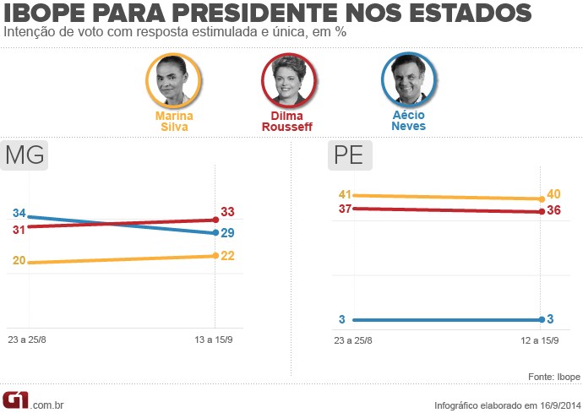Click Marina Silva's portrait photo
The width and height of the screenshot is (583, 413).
pyautogui.click(x=172, y=80)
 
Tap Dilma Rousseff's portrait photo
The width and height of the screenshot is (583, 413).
pyautogui.click(x=288, y=80)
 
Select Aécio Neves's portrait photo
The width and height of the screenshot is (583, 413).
pyautogui.click(x=408, y=80)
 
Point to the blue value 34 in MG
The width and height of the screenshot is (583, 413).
pyautogui.click(x=19, y=213)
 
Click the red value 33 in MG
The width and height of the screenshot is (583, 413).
pyautogui.click(x=227, y=212)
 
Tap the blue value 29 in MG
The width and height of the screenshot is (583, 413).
pyautogui.click(x=227, y=232)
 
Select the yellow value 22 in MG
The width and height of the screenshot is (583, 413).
pyautogui.click(x=227, y=255)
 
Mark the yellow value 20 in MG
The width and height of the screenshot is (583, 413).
pyautogui.click(x=19, y=261)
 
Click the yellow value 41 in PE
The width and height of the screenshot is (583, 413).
pyautogui.click(x=345, y=194)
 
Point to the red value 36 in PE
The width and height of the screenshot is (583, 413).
pyautogui.click(x=554, y=210)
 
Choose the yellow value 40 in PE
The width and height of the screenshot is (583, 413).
pyautogui.click(x=554, y=194)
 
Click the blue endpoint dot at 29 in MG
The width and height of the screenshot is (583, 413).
pyautogui.click(x=215, y=233)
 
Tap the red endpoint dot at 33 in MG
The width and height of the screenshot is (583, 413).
pyautogui.click(x=215, y=220)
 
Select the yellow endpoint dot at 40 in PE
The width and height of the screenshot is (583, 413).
pyautogui.click(x=542, y=199)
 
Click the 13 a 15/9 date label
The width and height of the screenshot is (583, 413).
pyautogui.click(x=215, y=340)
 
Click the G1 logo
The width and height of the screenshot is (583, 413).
pyautogui.click(x=16, y=399)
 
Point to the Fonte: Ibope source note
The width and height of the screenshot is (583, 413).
pyautogui.click(x=553, y=377)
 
